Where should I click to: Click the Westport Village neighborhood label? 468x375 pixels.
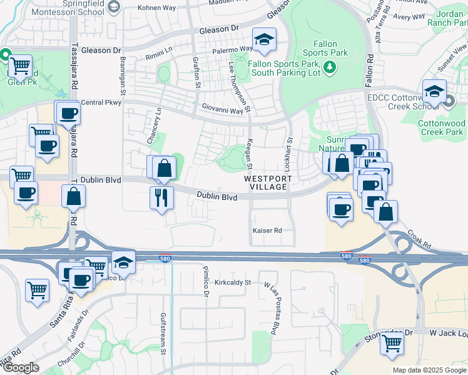click(268, 182)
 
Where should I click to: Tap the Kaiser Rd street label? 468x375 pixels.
click(267, 231)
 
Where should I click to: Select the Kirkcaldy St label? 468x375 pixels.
click(232, 282)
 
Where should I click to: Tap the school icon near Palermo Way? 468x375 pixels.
click(264, 40)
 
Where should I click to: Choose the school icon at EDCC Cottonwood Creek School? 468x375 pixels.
click(433, 92)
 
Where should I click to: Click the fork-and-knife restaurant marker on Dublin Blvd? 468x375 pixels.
click(161, 197)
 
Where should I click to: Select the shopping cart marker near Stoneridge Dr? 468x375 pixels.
click(392, 343)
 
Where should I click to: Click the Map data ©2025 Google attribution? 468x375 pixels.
click(429, 370)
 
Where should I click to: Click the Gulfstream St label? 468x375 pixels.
click(163, 333)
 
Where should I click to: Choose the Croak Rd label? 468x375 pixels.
click(419, 242)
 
